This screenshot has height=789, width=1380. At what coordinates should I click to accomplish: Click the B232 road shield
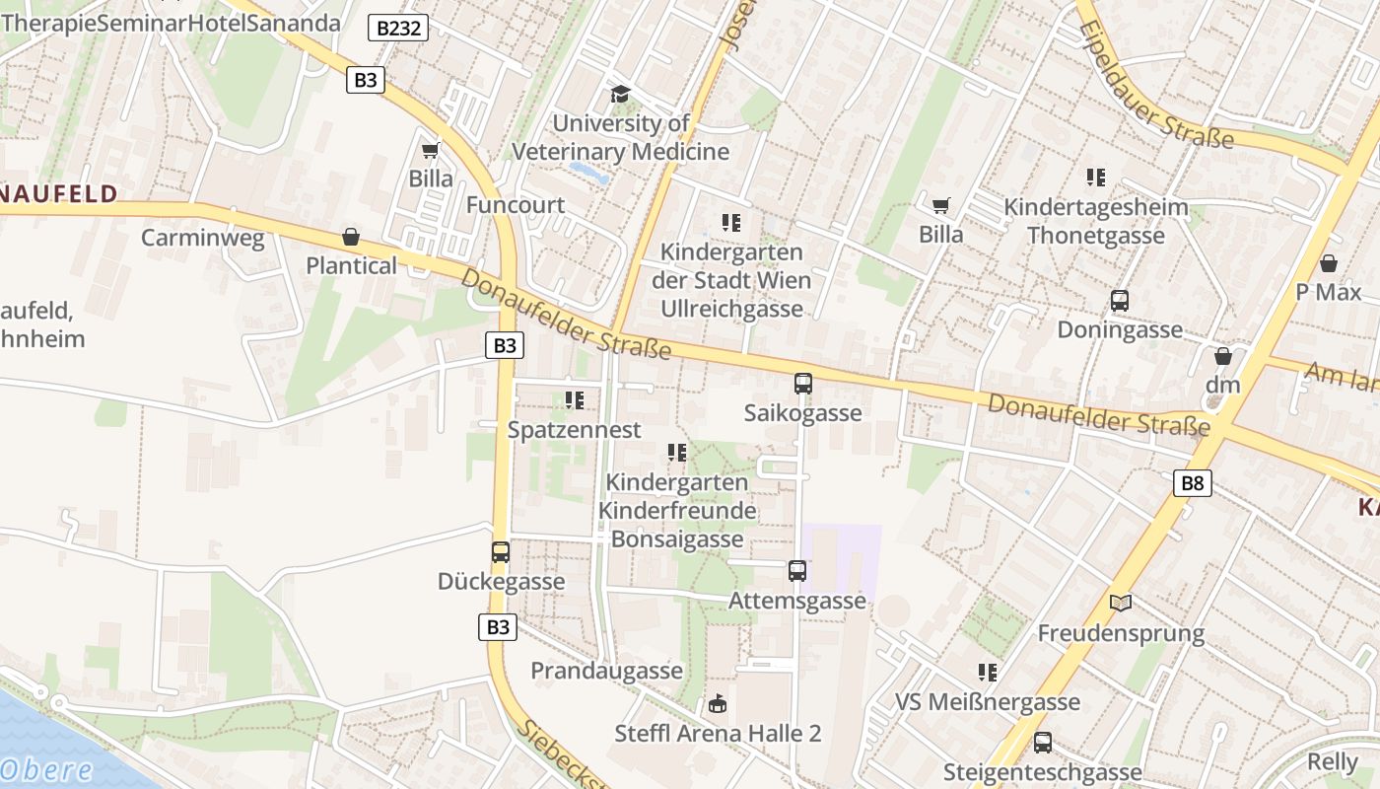click(398, 28)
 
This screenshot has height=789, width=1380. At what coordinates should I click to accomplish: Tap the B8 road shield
click(1192, 482)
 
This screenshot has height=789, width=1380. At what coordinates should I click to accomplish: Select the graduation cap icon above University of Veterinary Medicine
click(620, 94)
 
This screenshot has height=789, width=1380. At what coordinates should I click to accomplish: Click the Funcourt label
click(515, 205)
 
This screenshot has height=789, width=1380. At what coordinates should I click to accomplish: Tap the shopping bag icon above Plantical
click(350, 237)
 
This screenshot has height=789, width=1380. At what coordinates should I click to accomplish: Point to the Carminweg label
click(202, 238)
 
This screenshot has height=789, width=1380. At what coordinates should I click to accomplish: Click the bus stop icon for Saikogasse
click(802, 384)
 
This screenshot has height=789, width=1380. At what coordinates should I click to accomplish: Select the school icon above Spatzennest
click(574, 400)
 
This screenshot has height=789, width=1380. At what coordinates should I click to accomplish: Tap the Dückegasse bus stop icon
click(501, 552)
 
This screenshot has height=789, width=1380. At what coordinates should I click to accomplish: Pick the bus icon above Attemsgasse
click(796, 570)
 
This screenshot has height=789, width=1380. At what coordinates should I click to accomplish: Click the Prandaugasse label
click(606, 671)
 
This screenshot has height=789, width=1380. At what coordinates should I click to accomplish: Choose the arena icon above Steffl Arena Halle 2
click(717, 704)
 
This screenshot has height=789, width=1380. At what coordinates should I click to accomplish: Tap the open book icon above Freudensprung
click(1120, 603)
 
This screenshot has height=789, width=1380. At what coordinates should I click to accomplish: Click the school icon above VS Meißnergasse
click(987, 673)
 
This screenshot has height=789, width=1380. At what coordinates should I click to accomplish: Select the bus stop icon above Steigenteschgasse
click(1042, 743)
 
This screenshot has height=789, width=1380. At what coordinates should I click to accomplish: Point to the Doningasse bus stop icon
click(1119, 301)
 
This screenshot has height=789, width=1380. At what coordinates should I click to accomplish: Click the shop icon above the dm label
click(1222, 356)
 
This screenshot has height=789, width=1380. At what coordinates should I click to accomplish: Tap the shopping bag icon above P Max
click(1328, 263)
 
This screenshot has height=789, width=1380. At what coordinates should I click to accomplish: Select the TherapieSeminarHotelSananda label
click(171, 23)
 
